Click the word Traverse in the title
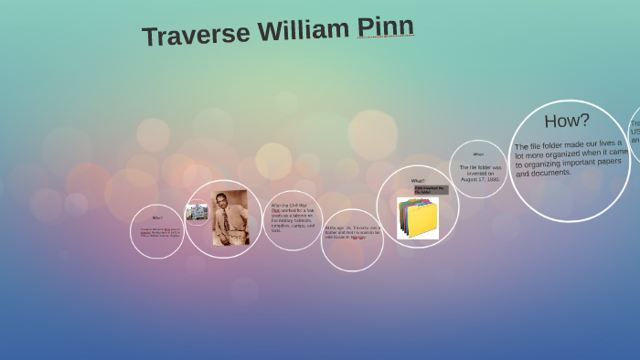(196, 34)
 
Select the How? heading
(567, 121)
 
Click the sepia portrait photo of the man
(230, 217)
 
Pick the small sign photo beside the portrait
(197, 212)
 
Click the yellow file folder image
(420, 219)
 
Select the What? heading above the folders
(418, 181)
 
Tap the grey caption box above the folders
(432, 190)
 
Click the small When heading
(478, 154)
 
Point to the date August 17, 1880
(480, 179)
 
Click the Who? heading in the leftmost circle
(157, 217)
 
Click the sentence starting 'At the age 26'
(351, 233)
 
